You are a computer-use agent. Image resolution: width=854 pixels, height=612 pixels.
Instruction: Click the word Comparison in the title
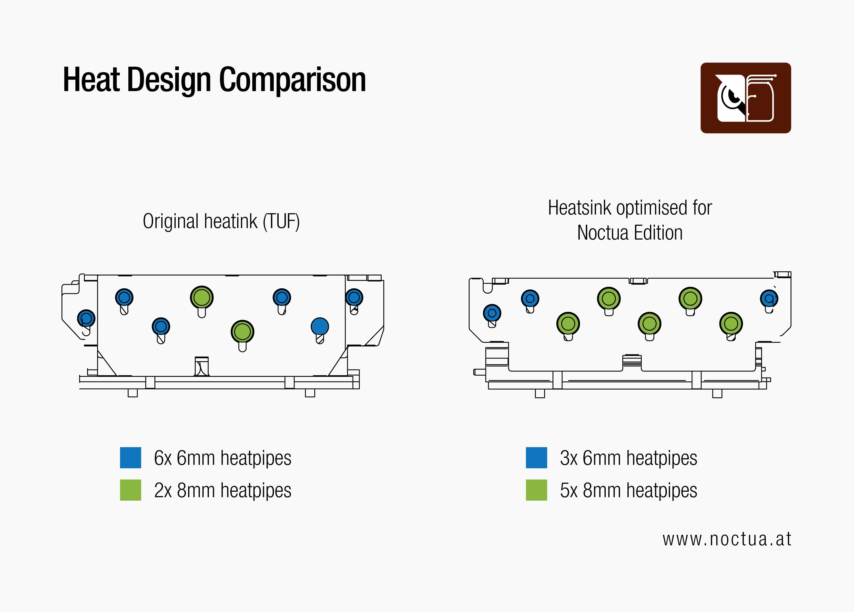click(292, 80)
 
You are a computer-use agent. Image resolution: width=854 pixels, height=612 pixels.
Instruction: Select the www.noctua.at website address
click(727, 539)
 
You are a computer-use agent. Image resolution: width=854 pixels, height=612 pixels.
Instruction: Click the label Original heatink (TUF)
click(221, 221)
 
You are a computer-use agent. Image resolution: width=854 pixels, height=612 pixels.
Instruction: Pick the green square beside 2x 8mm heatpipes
click(130, 490)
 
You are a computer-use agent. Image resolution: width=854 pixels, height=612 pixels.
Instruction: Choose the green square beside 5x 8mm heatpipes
click(536, 490)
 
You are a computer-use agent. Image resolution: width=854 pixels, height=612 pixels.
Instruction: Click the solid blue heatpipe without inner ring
click(320, 326)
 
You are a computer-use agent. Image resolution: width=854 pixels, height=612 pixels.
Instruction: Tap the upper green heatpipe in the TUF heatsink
click(202, 297)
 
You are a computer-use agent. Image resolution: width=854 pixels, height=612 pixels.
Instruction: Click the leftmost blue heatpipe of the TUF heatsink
click(86, 319)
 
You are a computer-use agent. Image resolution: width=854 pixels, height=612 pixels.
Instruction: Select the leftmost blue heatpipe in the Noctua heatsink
click(492, 313)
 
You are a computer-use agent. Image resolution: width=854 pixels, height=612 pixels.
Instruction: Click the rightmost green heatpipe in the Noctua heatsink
click(731, 323)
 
